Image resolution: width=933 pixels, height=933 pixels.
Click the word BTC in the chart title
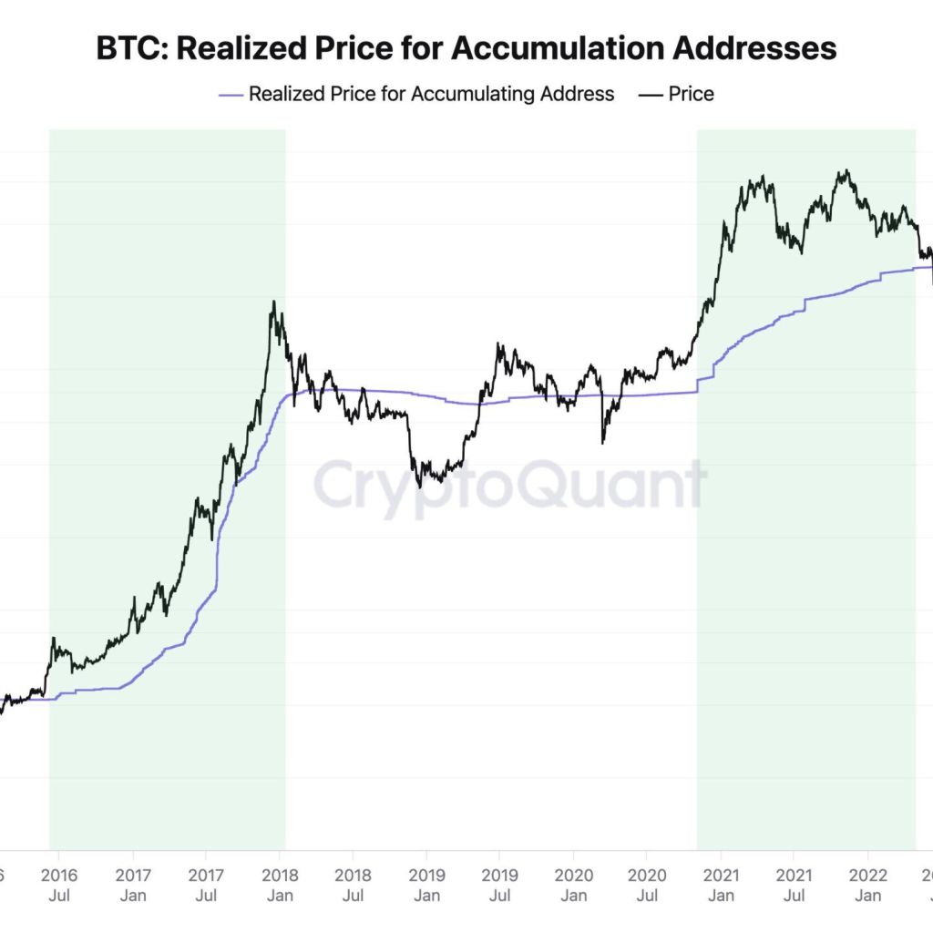[x=130, y=49]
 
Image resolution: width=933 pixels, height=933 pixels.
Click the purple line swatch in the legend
[x=231, y=94]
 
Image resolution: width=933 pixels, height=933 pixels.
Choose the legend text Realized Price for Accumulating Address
[x=431, y=94]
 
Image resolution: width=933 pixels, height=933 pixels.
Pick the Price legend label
[x=691, y=94]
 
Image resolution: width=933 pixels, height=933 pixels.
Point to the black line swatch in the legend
[x=651, y=94]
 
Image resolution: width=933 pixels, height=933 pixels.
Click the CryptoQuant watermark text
[x=510, y=485]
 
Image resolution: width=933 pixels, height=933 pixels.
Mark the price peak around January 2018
[x=272, y=302]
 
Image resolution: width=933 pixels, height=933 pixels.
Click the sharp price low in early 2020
[x=603, y=443]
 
